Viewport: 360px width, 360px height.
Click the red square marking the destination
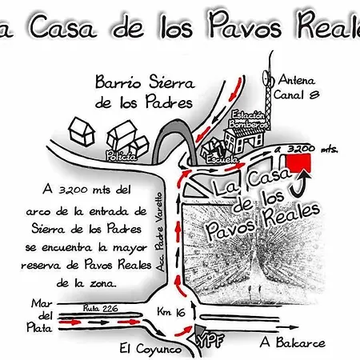click(x=298, y=162)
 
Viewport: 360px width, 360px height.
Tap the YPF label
click(x=210, y=341)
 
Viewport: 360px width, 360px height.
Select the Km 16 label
click(x=171, y=312)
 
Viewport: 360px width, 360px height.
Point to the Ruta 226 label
click(x=100, y=308)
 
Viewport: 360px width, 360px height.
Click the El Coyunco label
click(x=150, y=349)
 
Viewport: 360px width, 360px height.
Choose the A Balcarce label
click(x=293, y=342)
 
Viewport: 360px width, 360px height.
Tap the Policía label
click(x=122, y=156)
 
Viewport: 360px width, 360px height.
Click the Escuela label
click(x=222, y=159)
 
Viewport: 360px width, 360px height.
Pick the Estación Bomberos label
click(x=248, y=120)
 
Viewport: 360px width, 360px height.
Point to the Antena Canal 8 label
click(x=297, y=87)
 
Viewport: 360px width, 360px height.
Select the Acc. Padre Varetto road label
click(x=160, y=231)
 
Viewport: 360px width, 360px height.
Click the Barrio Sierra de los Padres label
click(x=145, y=92)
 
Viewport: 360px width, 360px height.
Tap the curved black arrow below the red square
click(x=301, y=184)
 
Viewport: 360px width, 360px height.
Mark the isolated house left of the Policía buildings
click(x=82, y=132)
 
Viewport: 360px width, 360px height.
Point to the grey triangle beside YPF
click(x=199, y=330)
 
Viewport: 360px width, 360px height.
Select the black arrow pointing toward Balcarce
click(x=287, y=327)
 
